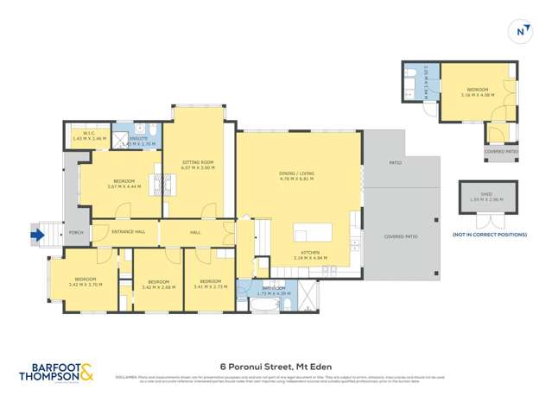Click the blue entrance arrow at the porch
click(x=36, y=232)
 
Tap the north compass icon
click(x=521, y=32)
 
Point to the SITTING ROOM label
click(x=198, y=162)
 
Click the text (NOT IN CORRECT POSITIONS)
click(x=489, y=235)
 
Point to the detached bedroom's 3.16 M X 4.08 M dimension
click(x=477, y=96)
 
